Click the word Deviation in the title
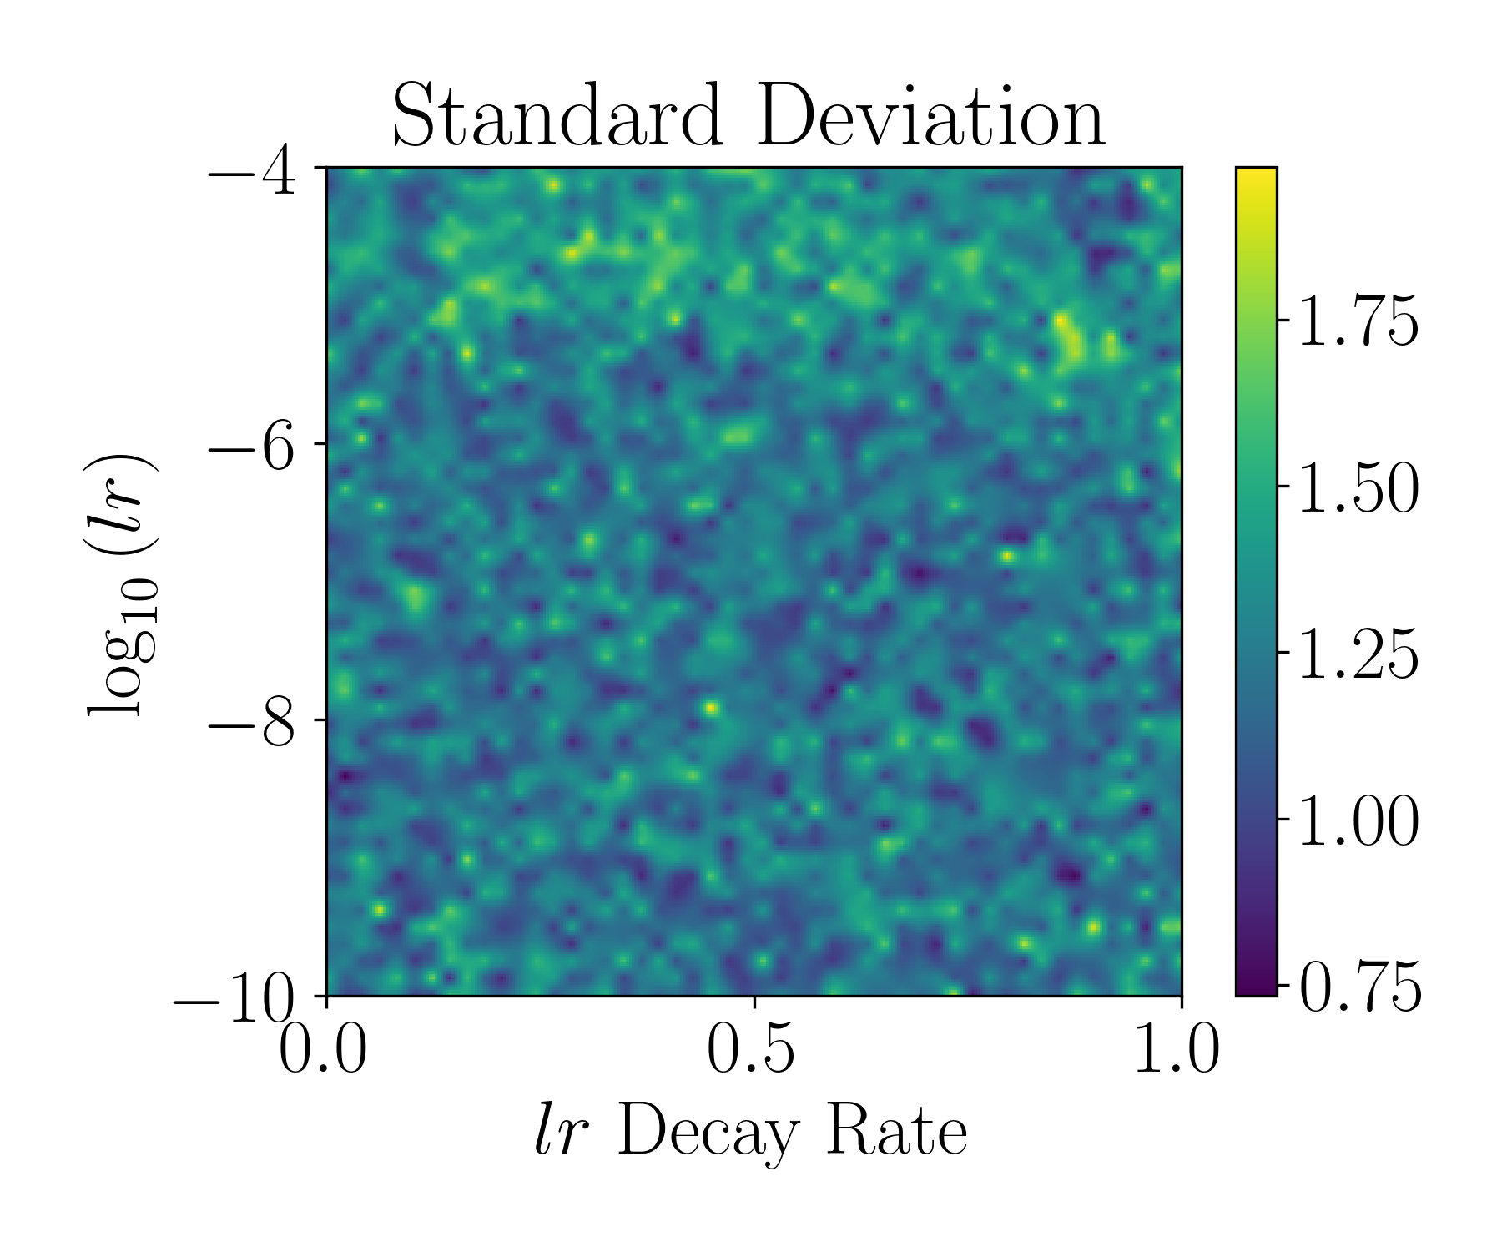[x=930, y=118]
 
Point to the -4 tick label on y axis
[x=252, y=172]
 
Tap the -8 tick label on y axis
[x=252, y=723]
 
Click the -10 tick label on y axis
[x=234, y=999]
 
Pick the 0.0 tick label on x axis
[x=323, y=1050]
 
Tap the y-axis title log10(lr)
[x=118, y=584]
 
